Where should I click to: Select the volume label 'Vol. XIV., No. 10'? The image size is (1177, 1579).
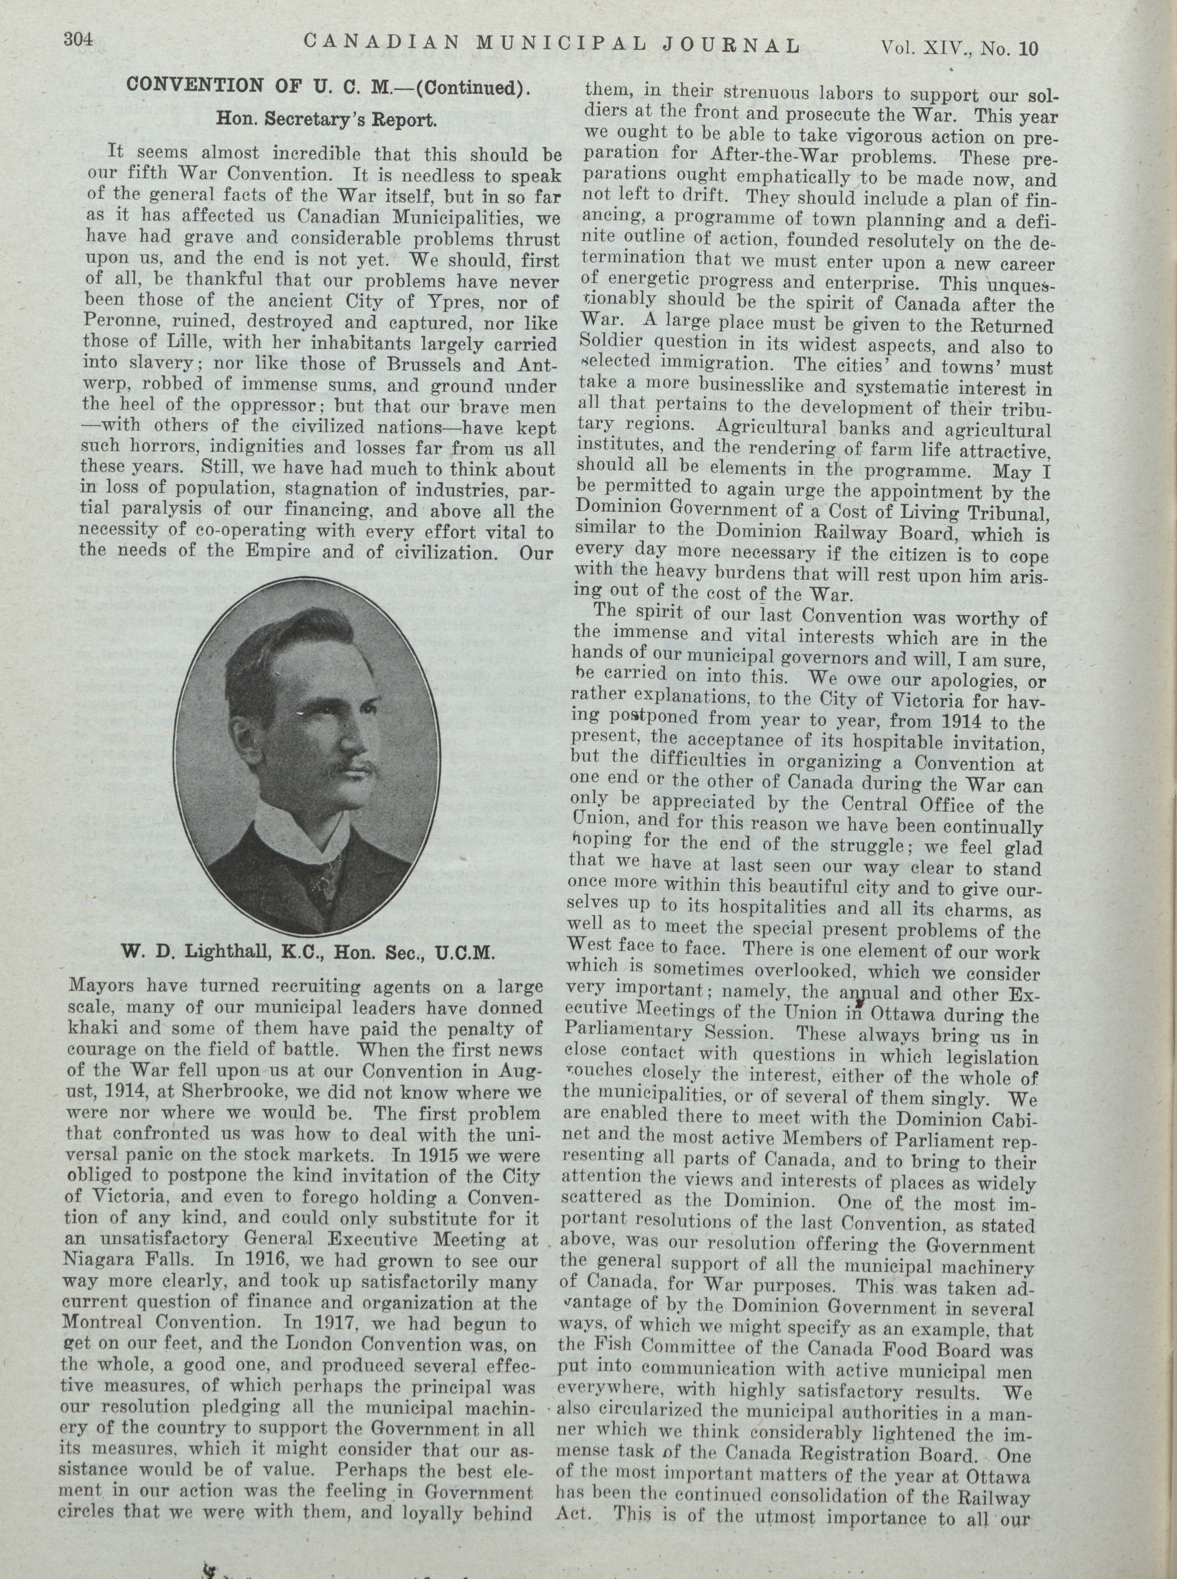click(960, 48)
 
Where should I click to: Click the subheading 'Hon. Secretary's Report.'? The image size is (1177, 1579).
click(326, 120)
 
